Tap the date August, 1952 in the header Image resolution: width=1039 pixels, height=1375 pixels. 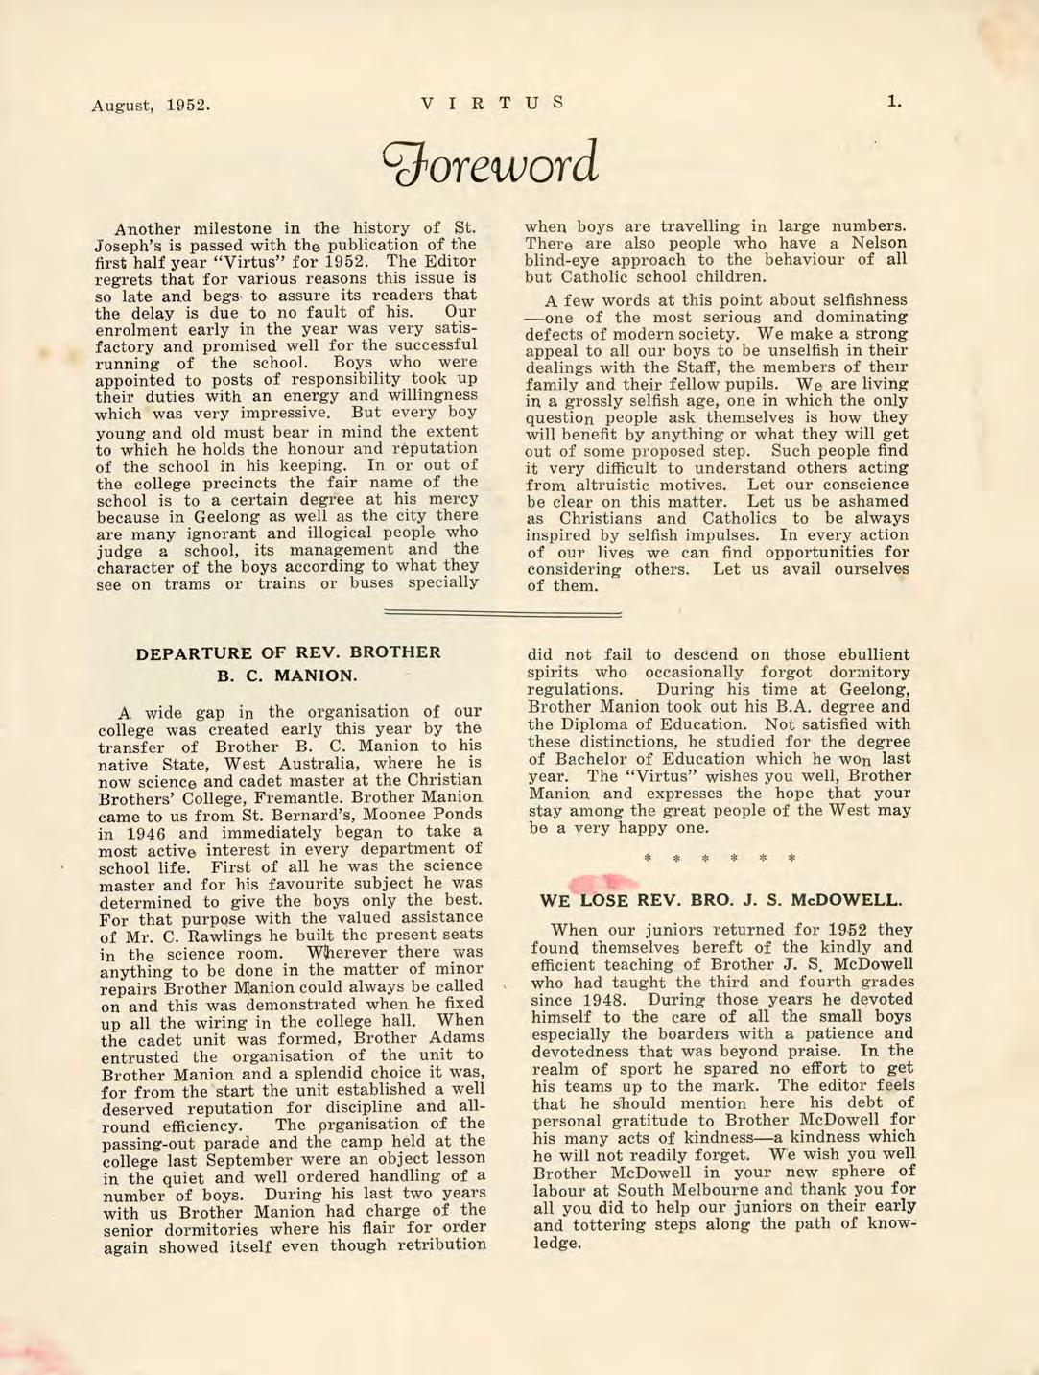(x=152, y=104)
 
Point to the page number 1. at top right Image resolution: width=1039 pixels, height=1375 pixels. (x=893, y=101)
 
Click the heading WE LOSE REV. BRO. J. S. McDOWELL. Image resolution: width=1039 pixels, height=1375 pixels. (x=721, y=901)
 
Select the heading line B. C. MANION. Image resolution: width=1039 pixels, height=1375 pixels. (x=288, y=676)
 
